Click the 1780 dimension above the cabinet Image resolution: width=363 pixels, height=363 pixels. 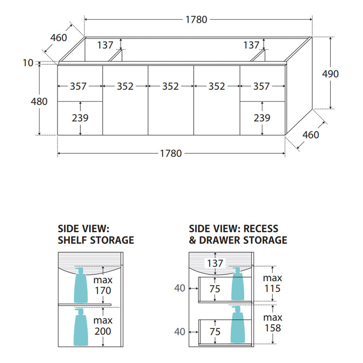196,20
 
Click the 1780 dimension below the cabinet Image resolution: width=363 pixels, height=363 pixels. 171,153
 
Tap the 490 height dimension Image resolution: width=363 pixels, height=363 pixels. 330,74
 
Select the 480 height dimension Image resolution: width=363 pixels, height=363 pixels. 39,102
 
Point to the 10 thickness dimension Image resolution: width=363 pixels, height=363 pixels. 28,63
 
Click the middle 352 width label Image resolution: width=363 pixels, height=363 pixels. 170,86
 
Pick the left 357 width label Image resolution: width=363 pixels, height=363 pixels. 78,86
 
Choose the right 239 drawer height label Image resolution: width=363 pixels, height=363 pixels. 262,118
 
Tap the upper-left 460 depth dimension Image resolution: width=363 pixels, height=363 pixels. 59,38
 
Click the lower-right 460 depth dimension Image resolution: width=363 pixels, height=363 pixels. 311,135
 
